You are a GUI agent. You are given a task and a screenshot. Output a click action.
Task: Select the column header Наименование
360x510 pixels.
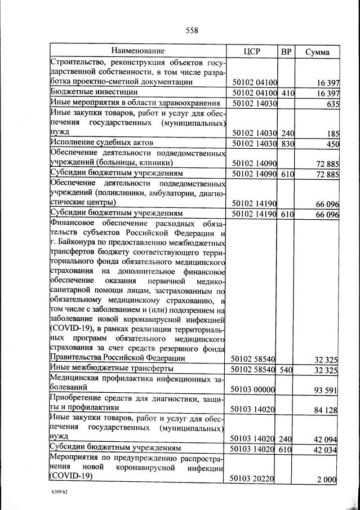[137, 51]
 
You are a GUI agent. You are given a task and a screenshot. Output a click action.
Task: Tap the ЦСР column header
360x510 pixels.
[251, 51]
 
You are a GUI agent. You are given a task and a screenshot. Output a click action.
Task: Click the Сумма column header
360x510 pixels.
[318, 52]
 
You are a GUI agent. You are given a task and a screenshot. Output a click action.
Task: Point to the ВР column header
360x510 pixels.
[286, 51]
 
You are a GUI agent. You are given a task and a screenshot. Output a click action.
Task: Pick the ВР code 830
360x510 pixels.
[287, 143]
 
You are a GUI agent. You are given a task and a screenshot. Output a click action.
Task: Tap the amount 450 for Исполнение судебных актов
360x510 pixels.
[330, 143]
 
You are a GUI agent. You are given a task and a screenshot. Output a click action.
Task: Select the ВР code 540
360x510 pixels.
[287, 370]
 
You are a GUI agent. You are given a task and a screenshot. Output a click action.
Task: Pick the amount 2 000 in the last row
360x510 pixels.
[327, 479]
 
